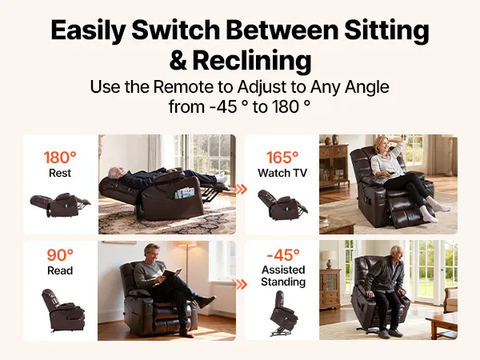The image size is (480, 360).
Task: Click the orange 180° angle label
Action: pyautogui.click(x=60, y=158)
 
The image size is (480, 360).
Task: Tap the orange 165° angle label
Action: pyautogui.click(x=282, y=158)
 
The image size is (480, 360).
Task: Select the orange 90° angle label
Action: pyautogui.click(x=60, y=254)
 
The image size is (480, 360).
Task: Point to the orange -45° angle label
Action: pyautogui.click(x=283, y=254)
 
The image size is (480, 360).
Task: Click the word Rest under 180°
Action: pyautogui.click(x=60, y=173)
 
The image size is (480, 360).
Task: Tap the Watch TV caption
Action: pyautogui.click(x=282, y=173)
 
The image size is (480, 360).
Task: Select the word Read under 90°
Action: pyautogui.click(x=60, y=270)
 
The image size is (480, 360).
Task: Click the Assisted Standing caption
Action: pyautogui.click(x=283, y=276)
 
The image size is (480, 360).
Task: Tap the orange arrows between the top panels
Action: pyautogui.click(x=241, y=189)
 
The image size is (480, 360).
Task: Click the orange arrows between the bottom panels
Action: pyautogui.click(x=241, y=284)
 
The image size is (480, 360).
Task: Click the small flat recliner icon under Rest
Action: pyautogui.click(x=60, y=205)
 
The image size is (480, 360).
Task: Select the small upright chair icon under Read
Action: pyautogui.click(x=63, y=310)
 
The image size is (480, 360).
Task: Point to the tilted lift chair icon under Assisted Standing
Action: pyautogui.click(x=284, y=314)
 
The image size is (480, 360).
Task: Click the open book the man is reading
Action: pyautogui.click(x=171, y=273)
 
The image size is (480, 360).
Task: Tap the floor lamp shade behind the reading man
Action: pyautogui.click(x=185, y=247)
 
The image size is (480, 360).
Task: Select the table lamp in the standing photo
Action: pyautogui.click(x=329, y=259)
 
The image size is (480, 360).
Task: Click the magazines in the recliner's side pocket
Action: pyautogui.click(x=184, y=194)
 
